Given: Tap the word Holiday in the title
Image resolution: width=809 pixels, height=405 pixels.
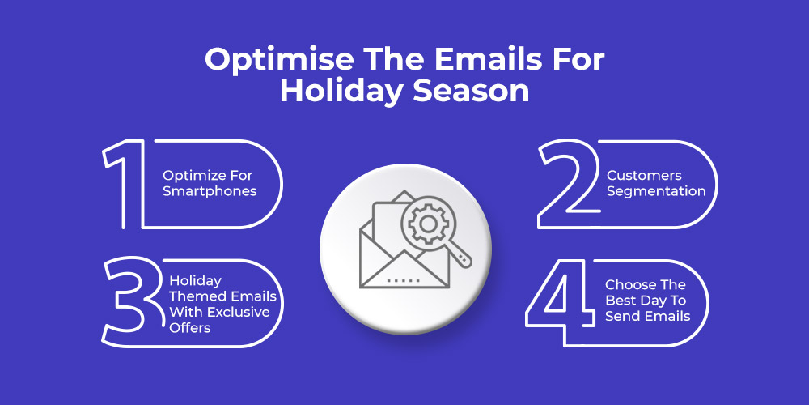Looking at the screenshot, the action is click(x=342, y=91).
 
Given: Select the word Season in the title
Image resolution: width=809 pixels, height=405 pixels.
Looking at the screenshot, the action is click(x=471, y=91).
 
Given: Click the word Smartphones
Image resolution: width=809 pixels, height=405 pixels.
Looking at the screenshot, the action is click(x=210, y=191).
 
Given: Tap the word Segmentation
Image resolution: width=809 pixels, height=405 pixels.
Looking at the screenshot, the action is click(x=656, y=191).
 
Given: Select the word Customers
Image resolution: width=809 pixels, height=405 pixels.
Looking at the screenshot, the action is click(x=644, y=176).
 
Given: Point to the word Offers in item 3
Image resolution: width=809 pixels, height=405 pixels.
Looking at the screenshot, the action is click(x=190, y=327).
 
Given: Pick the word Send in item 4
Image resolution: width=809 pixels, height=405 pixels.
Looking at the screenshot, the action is click(x=621, y=316).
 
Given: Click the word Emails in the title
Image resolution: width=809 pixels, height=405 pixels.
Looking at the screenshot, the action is click(x=493, y=61).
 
